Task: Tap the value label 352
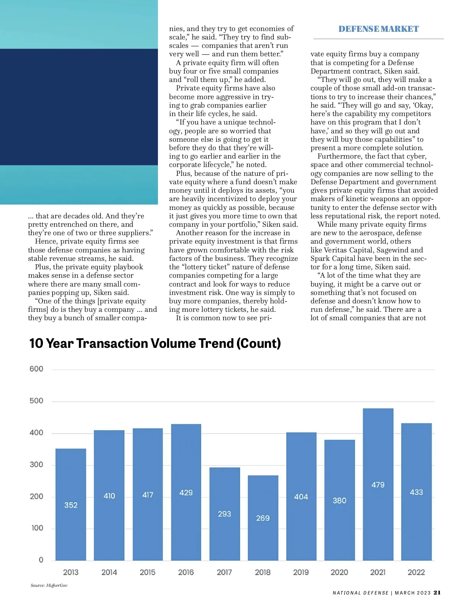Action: coord(71,505)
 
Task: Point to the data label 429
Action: coord(186,493)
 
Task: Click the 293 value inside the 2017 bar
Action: coord(225,514)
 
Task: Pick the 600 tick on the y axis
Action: coord(36,369)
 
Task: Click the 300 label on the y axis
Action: coord(36,465)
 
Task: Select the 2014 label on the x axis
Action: coord(109,572)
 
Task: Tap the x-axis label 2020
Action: coord(339,572)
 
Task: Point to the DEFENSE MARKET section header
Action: coord(378,29)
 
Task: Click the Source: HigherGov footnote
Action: coord(49,585)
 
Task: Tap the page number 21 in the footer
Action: coord(437,593)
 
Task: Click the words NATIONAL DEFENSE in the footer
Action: coord(360,593)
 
